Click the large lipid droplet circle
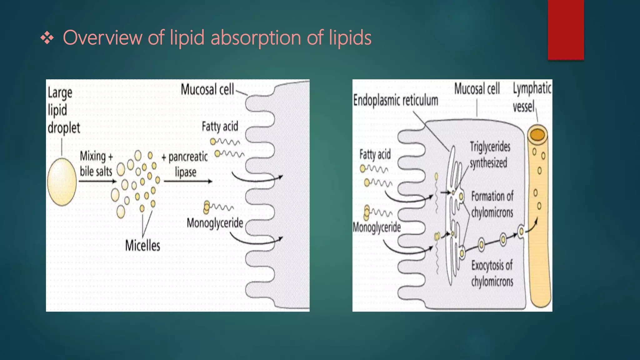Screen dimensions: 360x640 (x=62, y=182)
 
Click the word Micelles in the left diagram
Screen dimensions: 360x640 (x=142, y=246)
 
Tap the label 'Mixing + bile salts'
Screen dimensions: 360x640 (x=96, y=163)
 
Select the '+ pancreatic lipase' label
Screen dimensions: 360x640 (x=185, y=164)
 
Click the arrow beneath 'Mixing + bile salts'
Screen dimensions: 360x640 (x=97, y=181)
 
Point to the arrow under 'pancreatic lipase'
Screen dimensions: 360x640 (x=188, y=181)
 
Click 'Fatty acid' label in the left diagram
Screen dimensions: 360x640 (x=220, y=127)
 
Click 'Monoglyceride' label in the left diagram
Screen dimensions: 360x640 (x=215, y=223)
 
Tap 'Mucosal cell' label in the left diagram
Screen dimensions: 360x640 (x=207, y=90)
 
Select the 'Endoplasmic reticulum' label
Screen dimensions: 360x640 (x=396, y=101)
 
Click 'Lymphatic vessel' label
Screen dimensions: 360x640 (x=531, y=97)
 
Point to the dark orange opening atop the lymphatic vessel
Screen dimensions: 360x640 (x=537, y=135)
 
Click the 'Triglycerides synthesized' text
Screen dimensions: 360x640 (x=490, y=155)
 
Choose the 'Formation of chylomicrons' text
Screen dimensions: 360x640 (x=492, y=204)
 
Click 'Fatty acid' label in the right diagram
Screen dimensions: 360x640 (x=375, y=154)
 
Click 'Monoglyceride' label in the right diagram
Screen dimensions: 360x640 (x=377, y=227)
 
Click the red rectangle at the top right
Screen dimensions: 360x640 (x=566, y=30)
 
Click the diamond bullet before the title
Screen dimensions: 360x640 (x=47, y=38)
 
